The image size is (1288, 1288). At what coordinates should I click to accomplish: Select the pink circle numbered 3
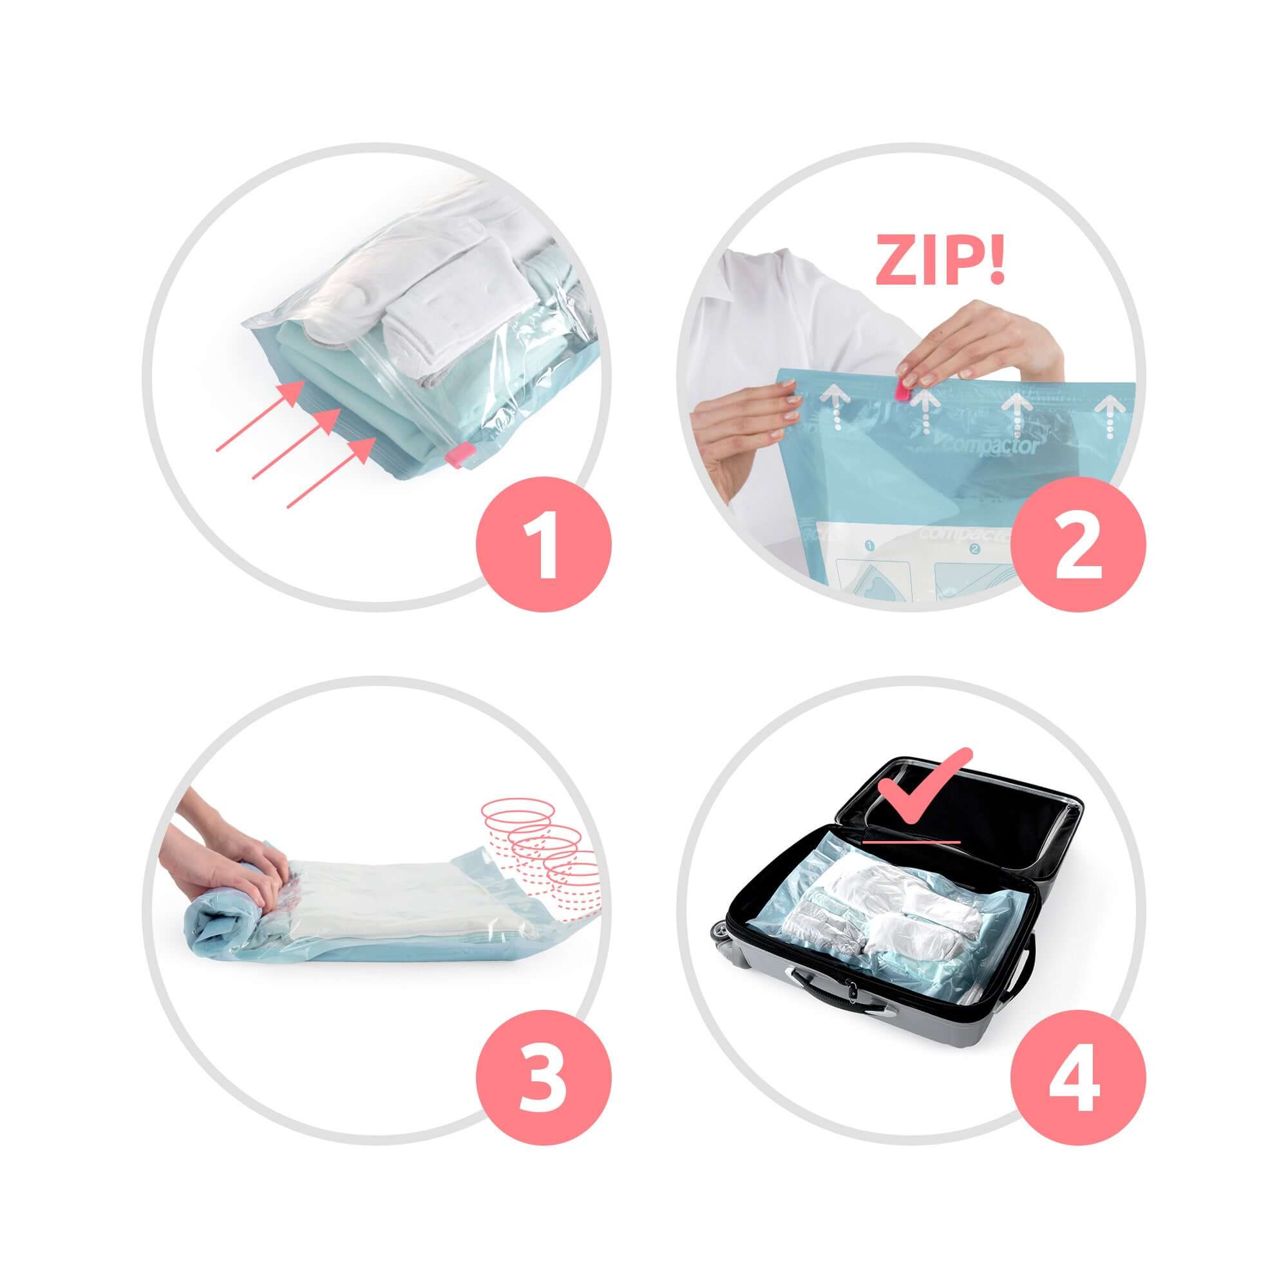coord(544,1079)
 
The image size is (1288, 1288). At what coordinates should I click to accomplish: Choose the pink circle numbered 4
coord(1078,1079)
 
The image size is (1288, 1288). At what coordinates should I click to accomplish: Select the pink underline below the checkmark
coord(911,842)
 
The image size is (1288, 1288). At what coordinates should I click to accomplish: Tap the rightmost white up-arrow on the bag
coord(1110,416)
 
